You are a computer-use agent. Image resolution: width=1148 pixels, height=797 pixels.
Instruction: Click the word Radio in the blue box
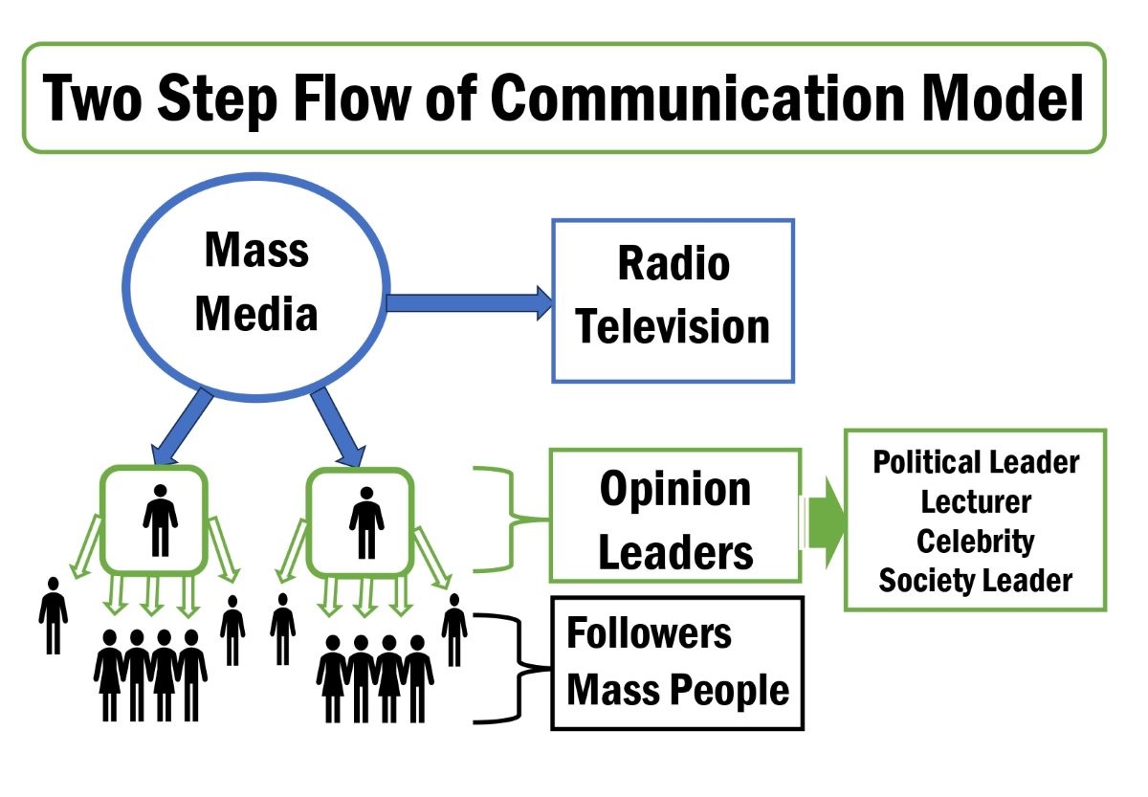pyautogui.click(x=673, y=264)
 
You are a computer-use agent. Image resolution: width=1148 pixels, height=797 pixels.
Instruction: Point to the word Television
pyautogui.click(x=673, y=326)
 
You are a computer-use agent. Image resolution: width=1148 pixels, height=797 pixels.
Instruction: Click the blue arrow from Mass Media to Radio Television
pyautogui.click(x=469, y=303)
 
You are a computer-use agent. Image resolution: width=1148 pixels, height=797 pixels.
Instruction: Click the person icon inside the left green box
pyautogui.click(x=160, y=519)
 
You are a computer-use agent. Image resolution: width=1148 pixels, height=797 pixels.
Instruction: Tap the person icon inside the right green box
pyautogui.click(x=365, y=521)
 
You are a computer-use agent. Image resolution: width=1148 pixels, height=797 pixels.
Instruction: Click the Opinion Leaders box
pyautogui.click(x=674, y=518)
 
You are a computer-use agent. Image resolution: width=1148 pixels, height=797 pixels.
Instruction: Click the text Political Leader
pyautogui.click(x=976, y=462)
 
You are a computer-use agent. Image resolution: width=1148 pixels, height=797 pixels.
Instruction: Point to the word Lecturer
pyautogui.click(x=976, y=501)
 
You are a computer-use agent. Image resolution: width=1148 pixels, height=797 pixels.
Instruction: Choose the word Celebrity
pyautogui.click(x=976, y=541)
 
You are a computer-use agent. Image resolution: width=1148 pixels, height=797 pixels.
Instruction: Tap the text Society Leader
pyautogui.click(x=976, y=580)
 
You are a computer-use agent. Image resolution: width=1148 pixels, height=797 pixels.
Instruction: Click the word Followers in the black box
pyautogui.click(x=649, y=633)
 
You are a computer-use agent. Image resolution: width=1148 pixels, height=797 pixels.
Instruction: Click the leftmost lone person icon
pyautogui.click(x=54, y=616)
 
